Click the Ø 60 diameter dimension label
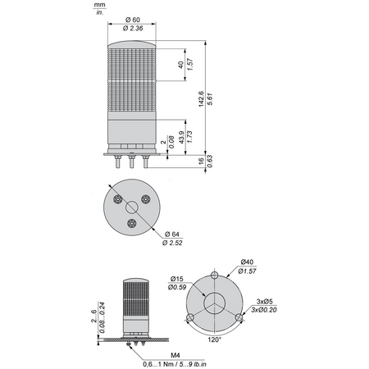(x=133, y=20)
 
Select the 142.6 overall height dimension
(x=201, y=98)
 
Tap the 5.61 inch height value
(x=210, y=99)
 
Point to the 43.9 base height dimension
(x=181, y=137)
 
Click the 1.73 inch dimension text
(x=189, y=137)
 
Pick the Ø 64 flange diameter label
(x=172, y=235)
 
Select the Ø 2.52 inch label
(x=172, y=243)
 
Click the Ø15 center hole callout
(x=176, y=279)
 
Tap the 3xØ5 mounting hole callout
(x=265, y=302)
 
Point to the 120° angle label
(x=214, y=339)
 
